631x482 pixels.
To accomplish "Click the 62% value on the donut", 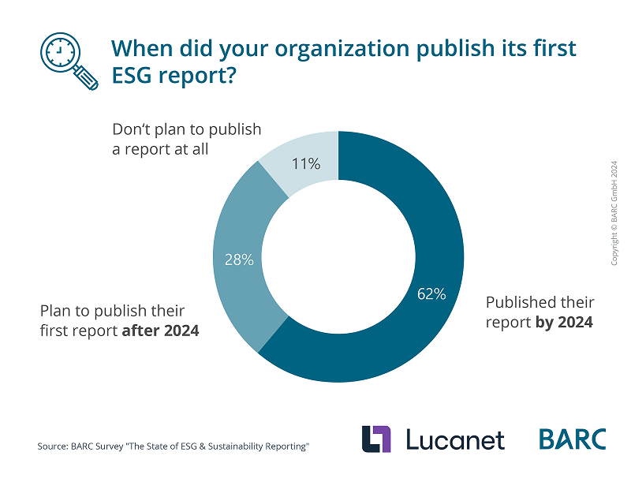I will [x=431, y=294].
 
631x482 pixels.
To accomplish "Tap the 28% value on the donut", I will [x=239, y=260].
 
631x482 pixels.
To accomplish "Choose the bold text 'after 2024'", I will [x=160, y=331].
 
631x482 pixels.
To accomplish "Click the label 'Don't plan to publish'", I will [x=186, y=129].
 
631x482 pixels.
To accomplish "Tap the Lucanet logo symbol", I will [x=376, y=439].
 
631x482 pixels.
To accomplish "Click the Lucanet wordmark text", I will [x=455, y=439].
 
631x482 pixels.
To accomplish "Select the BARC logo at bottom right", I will [x=573, y=439].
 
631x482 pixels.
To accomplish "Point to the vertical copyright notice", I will [x=614, y=213].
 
